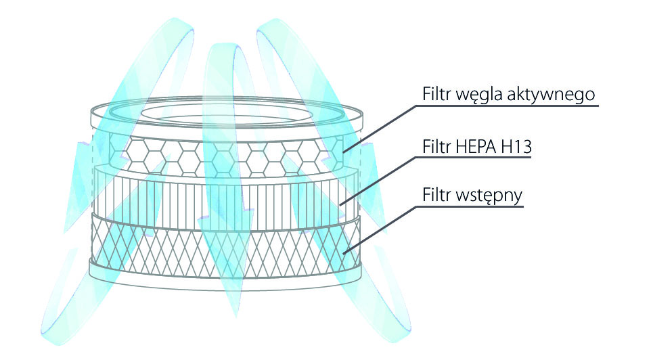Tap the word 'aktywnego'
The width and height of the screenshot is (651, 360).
[x=559, y=94]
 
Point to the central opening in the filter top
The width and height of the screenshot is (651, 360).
[x=223, y=112]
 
